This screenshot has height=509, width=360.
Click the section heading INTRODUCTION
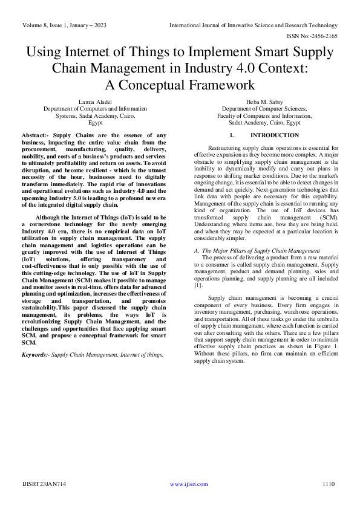(x=274, y=135)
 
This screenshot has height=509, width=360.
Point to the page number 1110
(x=329, y=484)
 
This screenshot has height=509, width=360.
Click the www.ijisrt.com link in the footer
(x=189, y=484)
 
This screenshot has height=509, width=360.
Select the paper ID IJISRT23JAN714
(x=45, y=484)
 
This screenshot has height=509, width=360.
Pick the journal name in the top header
(x=254, y=25)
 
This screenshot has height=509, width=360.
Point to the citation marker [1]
(x=198, y=285)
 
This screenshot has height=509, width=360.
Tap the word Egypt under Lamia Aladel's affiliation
(x=91, y=122)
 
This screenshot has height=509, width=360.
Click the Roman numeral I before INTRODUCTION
(x=232, y=135)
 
